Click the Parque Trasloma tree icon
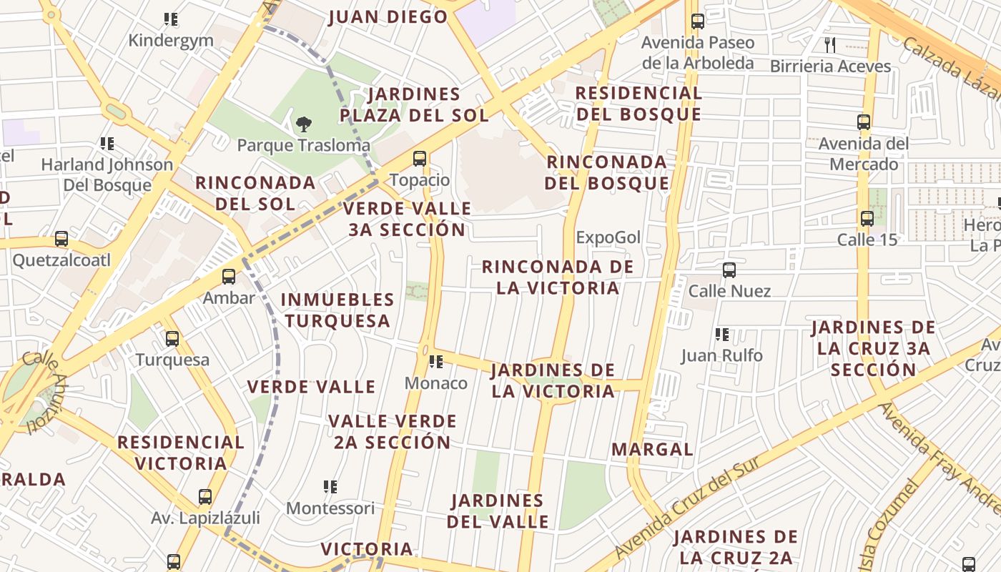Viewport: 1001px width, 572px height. point(304,124)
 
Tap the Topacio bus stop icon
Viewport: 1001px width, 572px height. point(420,159)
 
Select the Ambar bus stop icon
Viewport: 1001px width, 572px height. point(229,277)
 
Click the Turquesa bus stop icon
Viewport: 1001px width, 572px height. point(172,339)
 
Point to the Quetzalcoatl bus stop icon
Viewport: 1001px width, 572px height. point(61,239)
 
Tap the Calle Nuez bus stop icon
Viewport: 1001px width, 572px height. point(729,270)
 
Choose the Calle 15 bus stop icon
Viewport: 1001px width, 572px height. point(867,219)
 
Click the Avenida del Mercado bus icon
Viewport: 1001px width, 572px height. point(864,122)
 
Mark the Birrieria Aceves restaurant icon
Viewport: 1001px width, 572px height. point(830,45)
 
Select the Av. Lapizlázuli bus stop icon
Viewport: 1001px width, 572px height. point(205,497)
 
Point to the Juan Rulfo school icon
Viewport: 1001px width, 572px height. point(722,335)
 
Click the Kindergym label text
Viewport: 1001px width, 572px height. point(171,40)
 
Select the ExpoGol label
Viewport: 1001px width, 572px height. point(608,237)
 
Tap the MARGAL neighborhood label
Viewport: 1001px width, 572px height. point(652,450)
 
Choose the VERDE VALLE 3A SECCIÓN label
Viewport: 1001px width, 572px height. point(407,219)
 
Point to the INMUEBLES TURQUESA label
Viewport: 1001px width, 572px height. point(337,310)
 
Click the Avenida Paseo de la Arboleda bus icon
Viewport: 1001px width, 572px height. point(698,21)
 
